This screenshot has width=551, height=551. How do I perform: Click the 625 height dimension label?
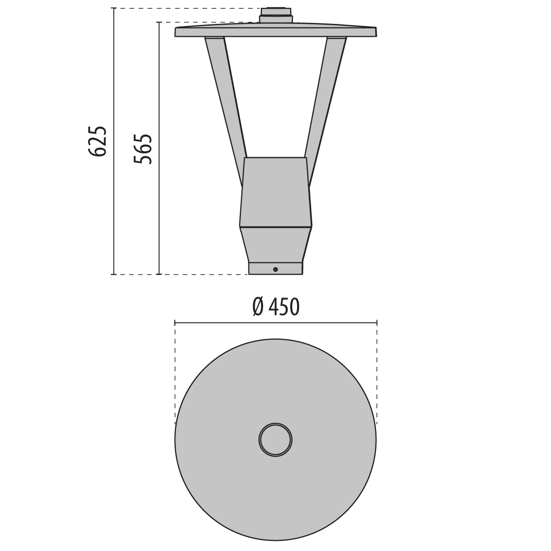tap(97, 141)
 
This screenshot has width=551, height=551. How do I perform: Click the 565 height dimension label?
tap(143, 149)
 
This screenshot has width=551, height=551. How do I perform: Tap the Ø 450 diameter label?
tap(276, 307)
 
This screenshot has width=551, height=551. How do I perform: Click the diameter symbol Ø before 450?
tap(258, 307)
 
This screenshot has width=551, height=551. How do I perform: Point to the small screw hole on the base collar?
tap(275, 270)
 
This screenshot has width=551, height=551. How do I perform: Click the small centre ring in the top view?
tap(275, 440)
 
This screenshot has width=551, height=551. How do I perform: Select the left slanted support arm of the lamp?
tap(226, 112)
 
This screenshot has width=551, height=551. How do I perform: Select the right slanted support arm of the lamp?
tap(326, 112)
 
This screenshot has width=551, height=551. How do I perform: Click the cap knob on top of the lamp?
tap(276, 15)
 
